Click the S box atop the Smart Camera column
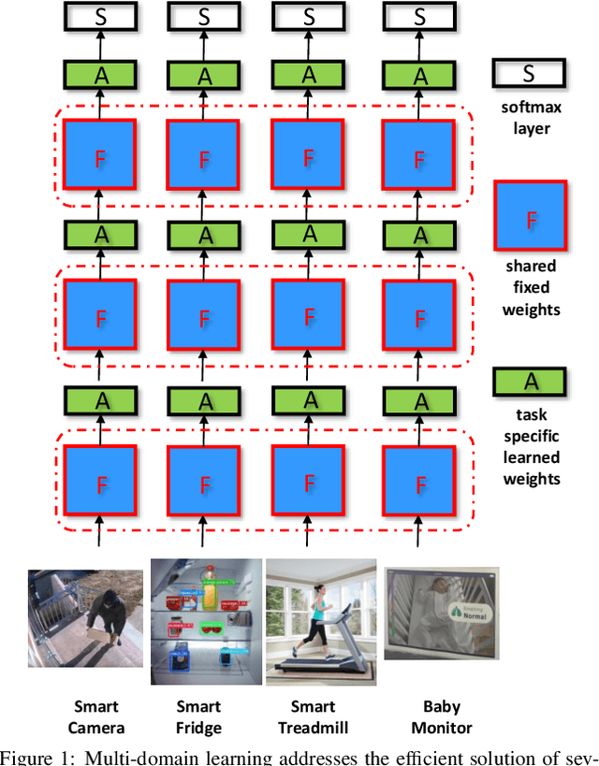(100, 15)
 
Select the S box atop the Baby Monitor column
(419, 15)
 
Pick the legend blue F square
(531, 219)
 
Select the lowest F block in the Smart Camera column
(100, 484)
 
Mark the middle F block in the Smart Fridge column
(205, 319)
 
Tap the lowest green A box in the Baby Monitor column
(419, 400)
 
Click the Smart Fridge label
(199, 716)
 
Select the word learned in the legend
(532, 458)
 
